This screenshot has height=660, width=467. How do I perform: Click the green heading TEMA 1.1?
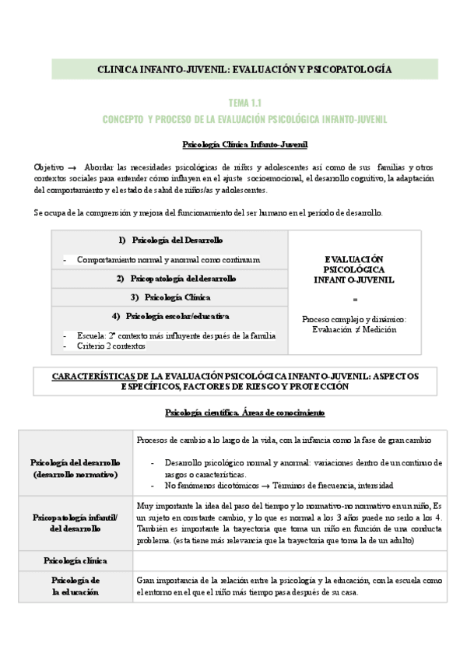[244, 103]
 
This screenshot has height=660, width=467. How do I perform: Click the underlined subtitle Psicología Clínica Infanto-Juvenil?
[244, 144]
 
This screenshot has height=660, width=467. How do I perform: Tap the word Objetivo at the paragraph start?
[49, 167]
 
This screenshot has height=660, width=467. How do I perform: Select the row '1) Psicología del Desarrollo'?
[170, 240]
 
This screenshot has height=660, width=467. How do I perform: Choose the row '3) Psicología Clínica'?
[170, 297]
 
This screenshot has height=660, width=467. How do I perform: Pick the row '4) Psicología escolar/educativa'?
[170, 316]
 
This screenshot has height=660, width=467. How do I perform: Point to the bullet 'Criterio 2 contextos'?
[111, 346]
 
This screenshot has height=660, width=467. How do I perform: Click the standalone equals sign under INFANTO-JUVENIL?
[355, 299]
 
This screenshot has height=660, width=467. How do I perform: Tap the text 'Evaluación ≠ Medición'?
[354, 329]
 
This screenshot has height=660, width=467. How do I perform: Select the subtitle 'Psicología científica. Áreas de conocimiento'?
[244, 412]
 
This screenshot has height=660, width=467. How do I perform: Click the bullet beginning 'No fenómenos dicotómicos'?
[279, 485]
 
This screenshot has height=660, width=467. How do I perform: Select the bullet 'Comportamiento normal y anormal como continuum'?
[168, 259]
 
